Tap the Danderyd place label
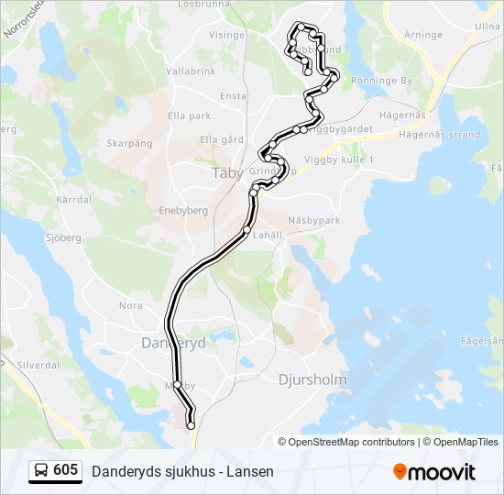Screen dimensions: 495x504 point(173,342)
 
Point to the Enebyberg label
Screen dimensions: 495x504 point(183,210)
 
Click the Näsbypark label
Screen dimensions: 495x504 point(313,221)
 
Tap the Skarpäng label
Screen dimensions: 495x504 point(128,143)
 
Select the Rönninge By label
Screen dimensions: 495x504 point(381,81)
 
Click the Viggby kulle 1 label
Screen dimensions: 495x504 point(346,159)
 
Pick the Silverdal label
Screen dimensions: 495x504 point(38,364)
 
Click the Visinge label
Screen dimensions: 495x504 point(227,35)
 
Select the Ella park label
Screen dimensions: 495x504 point(190,115)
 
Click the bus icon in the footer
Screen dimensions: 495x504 point(41,471)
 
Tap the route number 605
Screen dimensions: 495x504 point(66,471)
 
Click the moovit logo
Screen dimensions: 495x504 point(434,472)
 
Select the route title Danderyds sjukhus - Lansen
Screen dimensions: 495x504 point(182,472)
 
